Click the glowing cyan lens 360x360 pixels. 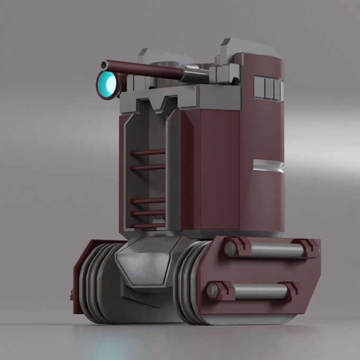[107, 84]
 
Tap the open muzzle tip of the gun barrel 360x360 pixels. [105, 65]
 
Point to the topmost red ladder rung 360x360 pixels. [148, 152]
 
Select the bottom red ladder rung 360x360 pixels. [148, 225]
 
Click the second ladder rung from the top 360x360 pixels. [148, 167]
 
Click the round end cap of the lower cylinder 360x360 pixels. [213, 290]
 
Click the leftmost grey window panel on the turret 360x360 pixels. [259, 87]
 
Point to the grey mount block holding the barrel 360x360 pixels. [221, 73]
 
